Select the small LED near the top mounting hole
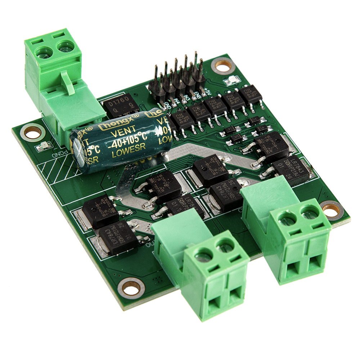pyautogui.click(x=229, y=81)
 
